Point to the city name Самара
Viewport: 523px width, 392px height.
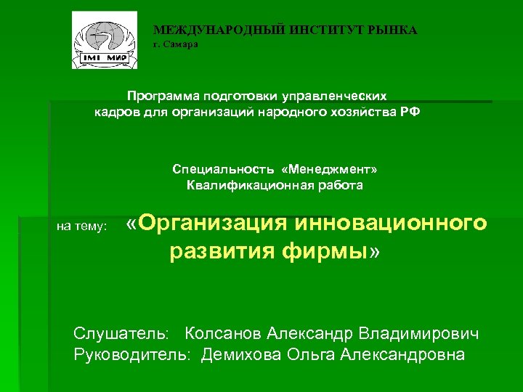(x=182, y=44)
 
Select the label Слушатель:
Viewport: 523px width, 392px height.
(x=121, y=334)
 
